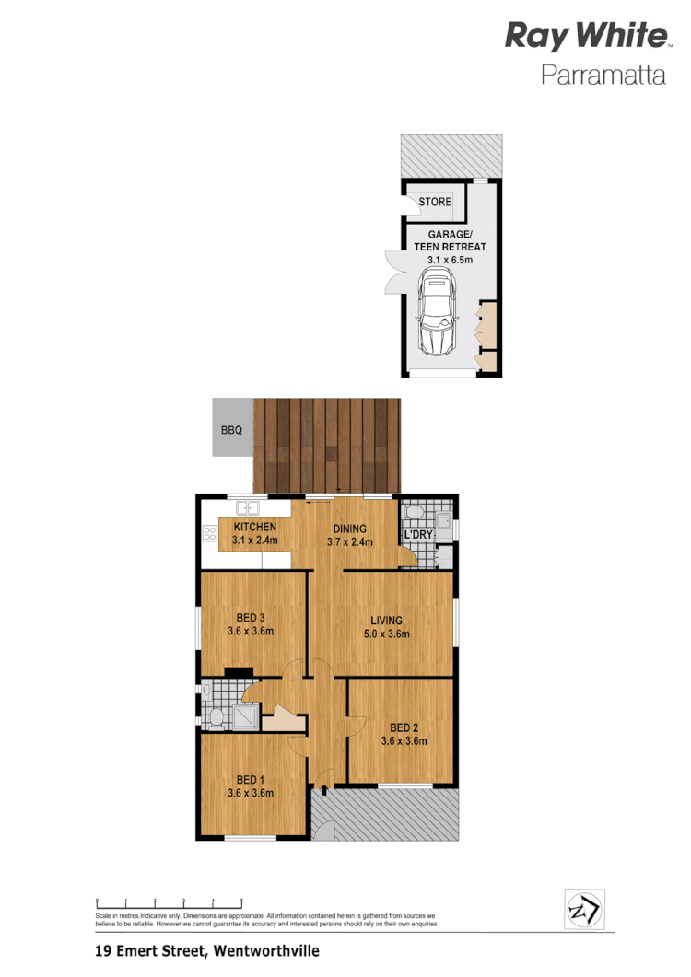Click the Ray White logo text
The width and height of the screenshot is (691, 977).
pos(585,37)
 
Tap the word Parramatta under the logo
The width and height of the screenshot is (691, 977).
pos(603,76)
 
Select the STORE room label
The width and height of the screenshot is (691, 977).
pos(435,202)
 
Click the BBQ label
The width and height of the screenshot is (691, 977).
pos(230,430)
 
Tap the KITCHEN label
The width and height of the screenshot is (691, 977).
pos(254,527)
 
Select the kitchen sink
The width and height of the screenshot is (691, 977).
pos(248,507)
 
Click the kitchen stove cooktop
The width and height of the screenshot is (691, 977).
pos(209,533)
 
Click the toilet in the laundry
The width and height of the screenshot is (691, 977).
pos(414,512)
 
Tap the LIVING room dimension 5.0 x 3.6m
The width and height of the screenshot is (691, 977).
pos(387,634)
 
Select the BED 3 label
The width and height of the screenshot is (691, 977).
pos(251,617)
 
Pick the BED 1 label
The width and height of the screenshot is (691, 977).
pos(251,778)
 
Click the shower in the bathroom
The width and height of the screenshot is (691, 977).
pos(246,715)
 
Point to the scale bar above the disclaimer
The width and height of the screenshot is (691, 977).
pos(169,902)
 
